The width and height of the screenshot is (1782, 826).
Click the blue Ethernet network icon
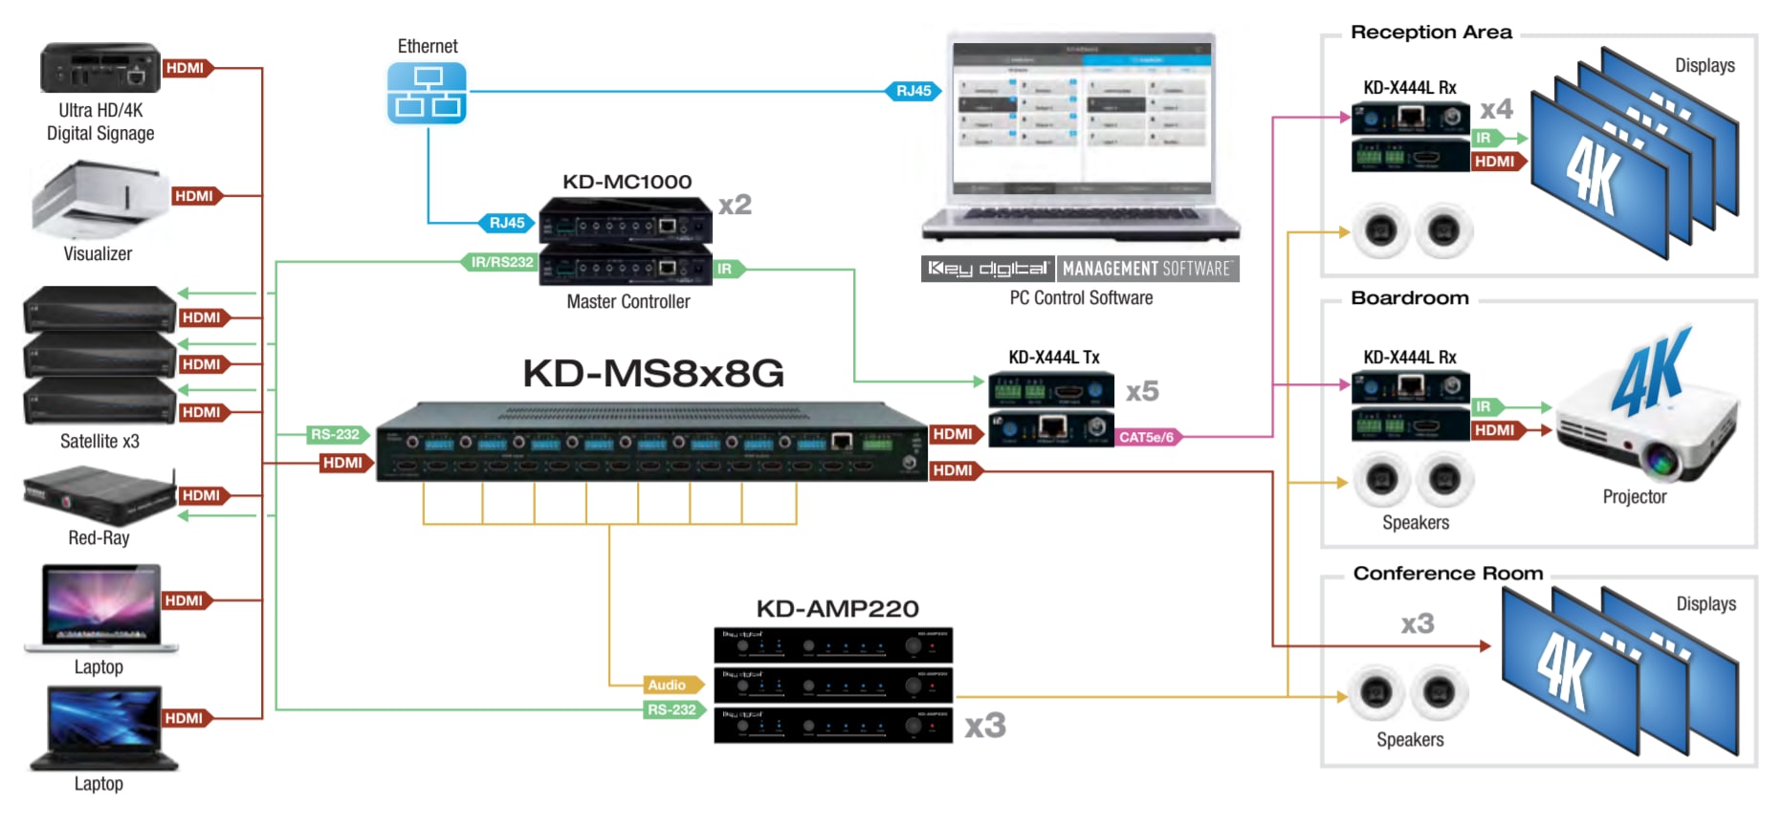click(427, 93)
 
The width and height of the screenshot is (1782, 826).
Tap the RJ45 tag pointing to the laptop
click(913, 91)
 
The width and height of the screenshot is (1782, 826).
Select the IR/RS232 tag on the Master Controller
click(502, 262)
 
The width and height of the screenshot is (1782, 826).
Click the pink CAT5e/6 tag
click(1146, 437)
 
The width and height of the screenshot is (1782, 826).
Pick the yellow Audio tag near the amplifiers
click(668, 685)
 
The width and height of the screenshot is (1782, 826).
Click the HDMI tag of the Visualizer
click(194, 196)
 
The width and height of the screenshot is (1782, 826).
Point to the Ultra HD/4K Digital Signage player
click(99, 68)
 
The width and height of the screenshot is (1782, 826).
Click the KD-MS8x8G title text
click(653, 373)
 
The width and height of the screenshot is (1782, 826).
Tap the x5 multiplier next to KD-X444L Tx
click(1142, 391)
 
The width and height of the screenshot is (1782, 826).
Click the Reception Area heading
click(1431, 33)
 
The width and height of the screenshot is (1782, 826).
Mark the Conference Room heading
click(1447, 574)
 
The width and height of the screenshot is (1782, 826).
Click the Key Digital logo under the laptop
click(988, 269)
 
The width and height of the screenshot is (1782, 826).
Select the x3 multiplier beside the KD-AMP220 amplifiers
click(984, 726)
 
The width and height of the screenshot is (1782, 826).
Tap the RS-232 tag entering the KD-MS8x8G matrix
click(335, 434)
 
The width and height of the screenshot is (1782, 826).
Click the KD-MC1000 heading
click(627, 182)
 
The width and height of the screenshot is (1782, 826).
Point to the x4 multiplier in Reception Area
click(1496, 109)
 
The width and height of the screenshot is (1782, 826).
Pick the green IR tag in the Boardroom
click(1483, 407)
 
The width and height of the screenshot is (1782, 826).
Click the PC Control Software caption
click(1081, 298)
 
